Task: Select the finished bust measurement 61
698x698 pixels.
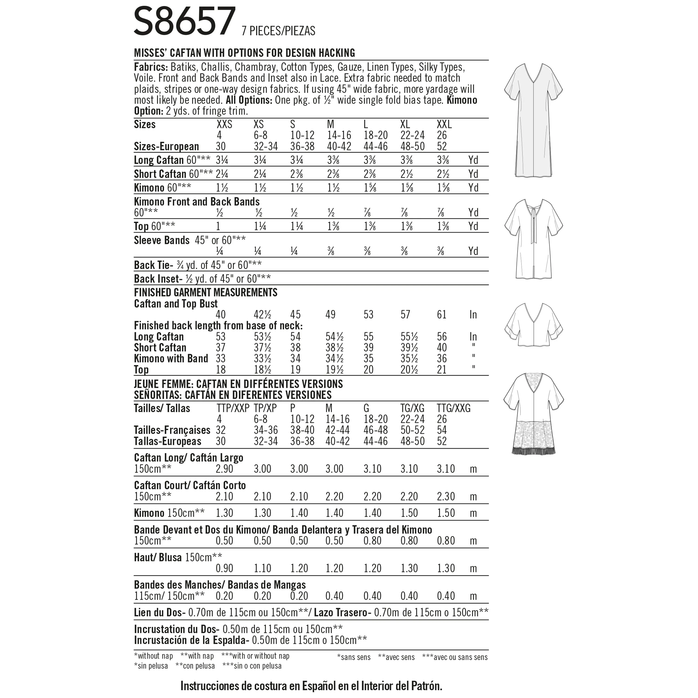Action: tap(442, 315)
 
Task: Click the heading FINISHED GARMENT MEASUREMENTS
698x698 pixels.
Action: tap(206, 292)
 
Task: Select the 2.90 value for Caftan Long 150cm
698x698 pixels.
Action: tap(224, 469)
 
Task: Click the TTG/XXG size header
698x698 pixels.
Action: tap(453, 409)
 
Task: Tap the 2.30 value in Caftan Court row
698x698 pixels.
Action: tap(446, 497)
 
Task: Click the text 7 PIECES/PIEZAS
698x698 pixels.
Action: tap(278, 31)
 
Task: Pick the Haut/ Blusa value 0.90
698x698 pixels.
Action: tap(224, 568)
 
